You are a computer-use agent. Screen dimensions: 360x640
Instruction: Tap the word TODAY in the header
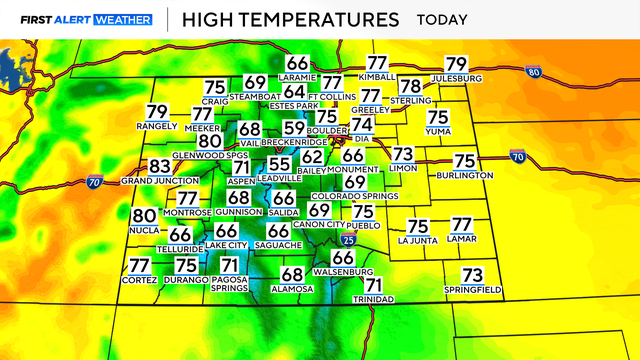(x=446, y=19)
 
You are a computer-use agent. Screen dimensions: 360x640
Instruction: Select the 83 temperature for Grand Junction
(x=160, y=167)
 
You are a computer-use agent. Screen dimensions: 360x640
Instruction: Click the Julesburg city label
(x=456, y=78)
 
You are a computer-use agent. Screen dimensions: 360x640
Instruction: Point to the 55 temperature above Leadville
(x=280, y=164)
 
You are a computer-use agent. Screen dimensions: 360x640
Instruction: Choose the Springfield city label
(x=472, y=290)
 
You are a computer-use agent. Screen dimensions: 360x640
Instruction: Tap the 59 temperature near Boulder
(x=294, y=128)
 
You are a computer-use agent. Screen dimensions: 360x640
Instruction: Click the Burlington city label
(x=464, y=175)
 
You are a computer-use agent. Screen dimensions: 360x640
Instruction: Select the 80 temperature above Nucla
(x=144, y=215)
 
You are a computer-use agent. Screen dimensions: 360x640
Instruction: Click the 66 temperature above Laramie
(x=297, y=64)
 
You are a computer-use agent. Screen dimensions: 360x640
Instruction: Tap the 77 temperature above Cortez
(x=139, y=265)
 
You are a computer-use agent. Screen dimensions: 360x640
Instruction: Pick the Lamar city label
(x=460, y=240)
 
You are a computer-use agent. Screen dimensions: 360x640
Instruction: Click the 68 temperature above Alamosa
(x=292, y=275)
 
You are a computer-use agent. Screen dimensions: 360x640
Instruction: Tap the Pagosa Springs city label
(x=228, y=283)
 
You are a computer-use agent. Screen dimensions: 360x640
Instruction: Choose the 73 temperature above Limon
(x=402, y=154)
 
